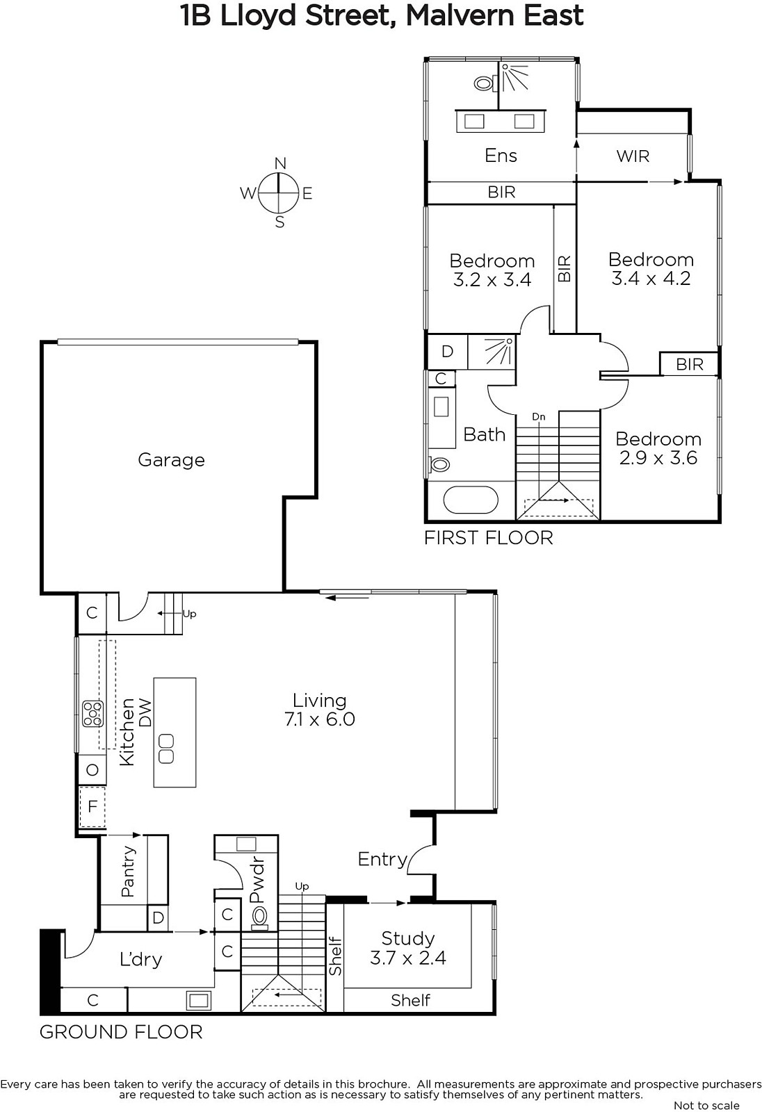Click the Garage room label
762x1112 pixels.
coord(171,460)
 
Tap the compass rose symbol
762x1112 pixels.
coord(278,193)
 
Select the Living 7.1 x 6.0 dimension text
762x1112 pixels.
coord(320,719)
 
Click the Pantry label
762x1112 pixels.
coord(128,872)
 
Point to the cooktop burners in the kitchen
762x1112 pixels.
coord(92,714)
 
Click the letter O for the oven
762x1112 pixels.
coord(92,771)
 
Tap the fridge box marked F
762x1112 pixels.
coord(92,806)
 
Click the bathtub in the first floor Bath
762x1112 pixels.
coord(471,500)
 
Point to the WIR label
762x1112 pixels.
coord(633,156)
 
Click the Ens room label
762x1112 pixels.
coord(501,156)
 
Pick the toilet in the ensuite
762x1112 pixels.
coord(485,83)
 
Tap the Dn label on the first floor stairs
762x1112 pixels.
coord(538,416)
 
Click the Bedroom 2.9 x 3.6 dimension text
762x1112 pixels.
coord(658,458)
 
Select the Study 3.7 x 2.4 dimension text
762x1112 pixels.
coord(408,958)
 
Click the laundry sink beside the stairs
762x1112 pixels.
coord(198,1000)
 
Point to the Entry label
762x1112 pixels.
coord(382,859)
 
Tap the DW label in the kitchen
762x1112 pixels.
coord(145,713)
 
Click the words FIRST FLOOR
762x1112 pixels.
coord(488,538)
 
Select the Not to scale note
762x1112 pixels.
coord(706,1105)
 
